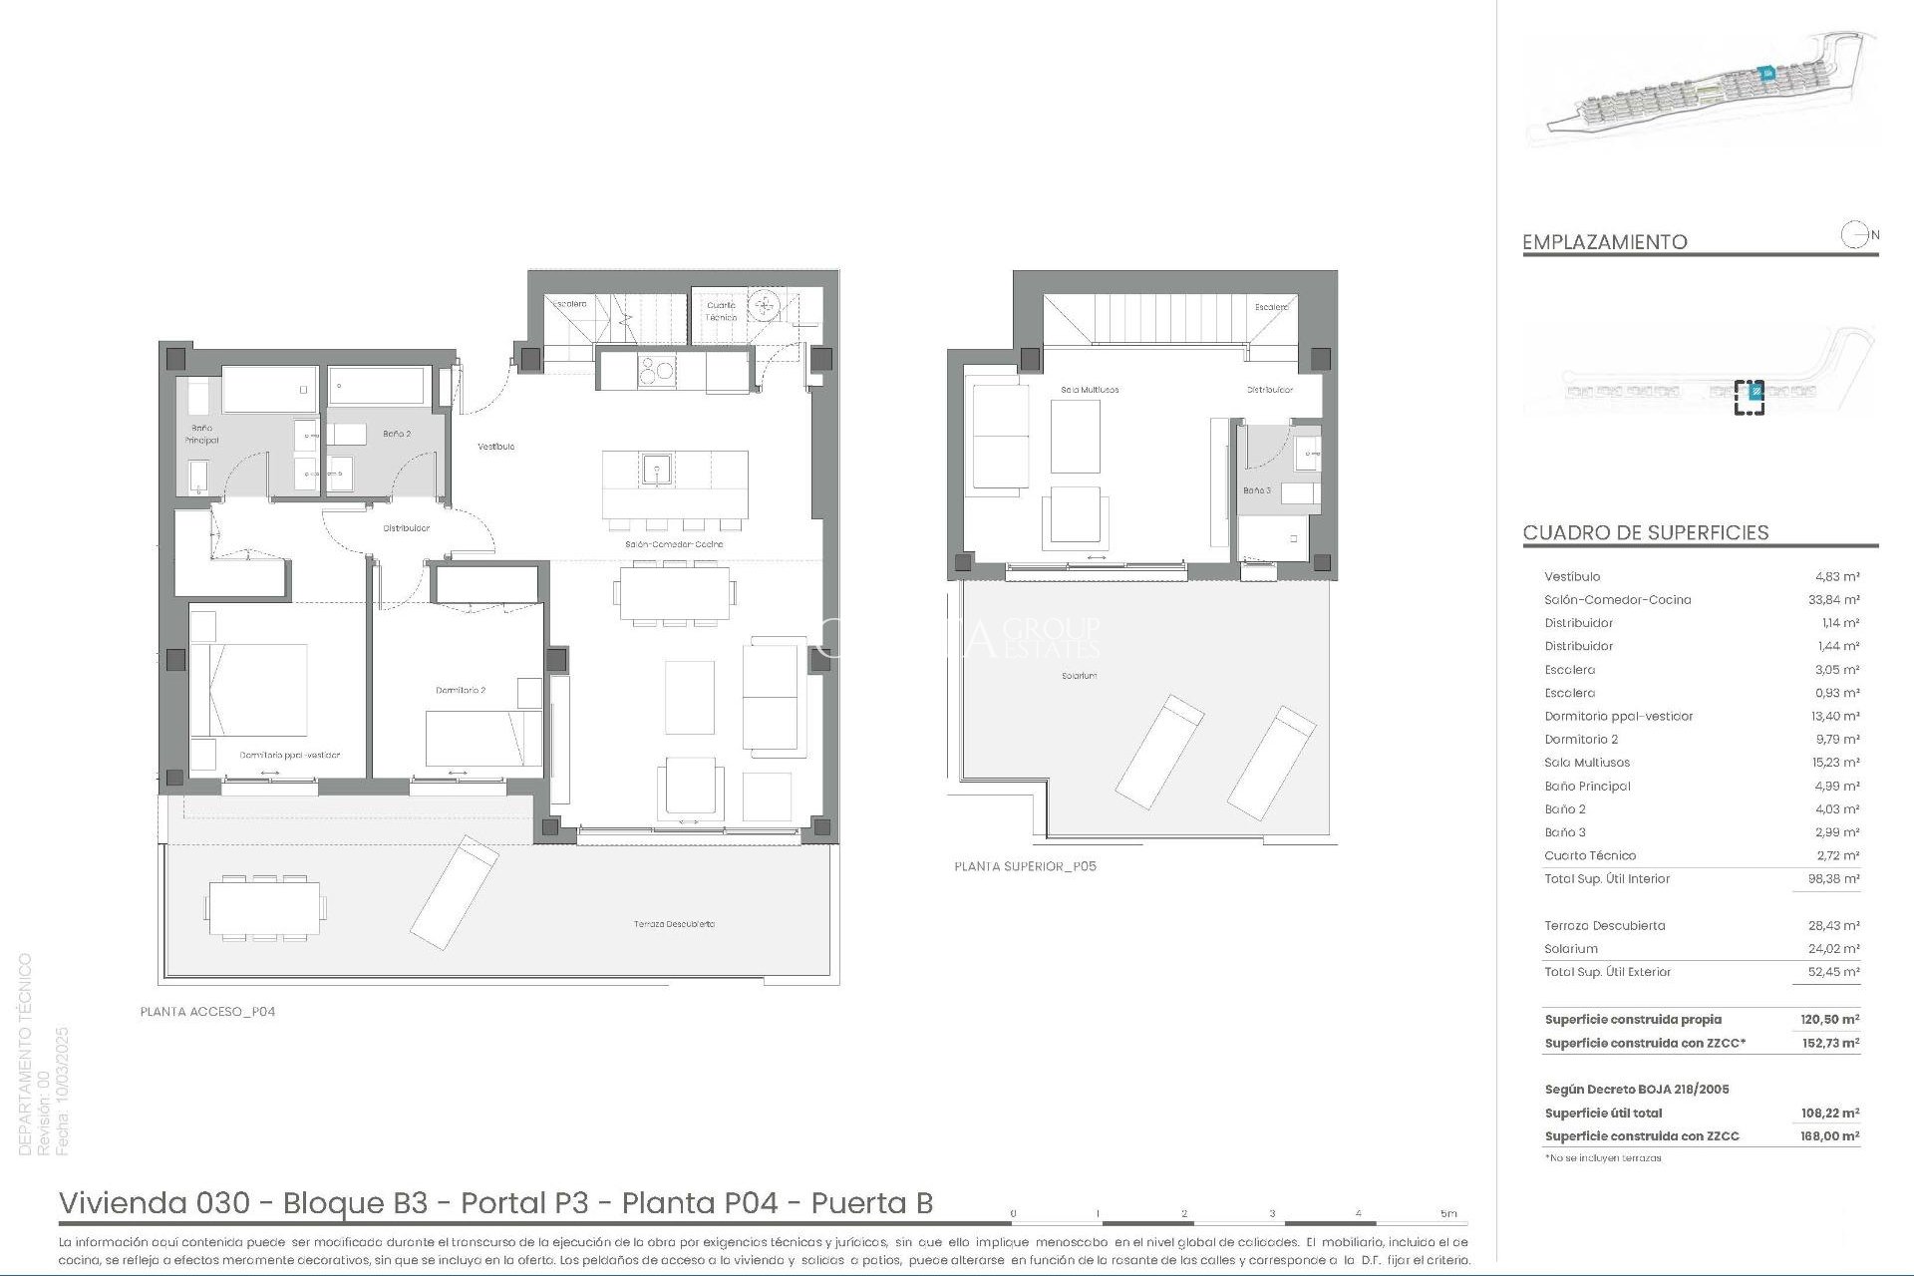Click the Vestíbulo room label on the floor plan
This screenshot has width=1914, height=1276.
tap(495, 447)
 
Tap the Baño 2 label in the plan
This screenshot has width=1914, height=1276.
tap(397, 435)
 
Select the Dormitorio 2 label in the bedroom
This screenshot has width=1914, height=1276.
tap(461, 690)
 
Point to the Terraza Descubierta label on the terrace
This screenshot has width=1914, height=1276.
tap(674, 924)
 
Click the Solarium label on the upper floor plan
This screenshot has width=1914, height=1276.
tap(1079, 676)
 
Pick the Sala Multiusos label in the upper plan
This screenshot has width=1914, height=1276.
tap(1090, 390)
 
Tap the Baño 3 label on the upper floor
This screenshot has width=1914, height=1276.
tap(1256, 490)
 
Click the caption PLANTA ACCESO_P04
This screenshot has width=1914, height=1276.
tap(207, 1012)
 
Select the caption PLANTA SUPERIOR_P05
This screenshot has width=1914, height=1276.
tap(1025, 866)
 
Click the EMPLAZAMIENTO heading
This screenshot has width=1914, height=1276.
tap(1604, 242)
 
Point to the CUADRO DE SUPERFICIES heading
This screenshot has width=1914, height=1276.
tap(1645, 533)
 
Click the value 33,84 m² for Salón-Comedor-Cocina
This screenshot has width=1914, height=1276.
tap(1837, 600)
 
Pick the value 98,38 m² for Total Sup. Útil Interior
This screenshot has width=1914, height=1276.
tap(1837, 879)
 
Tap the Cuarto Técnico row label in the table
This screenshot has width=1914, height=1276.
tap(1590, 855)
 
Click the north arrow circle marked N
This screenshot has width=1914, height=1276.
tap(1854, 236)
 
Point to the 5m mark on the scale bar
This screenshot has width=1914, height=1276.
tap(1447, 1214)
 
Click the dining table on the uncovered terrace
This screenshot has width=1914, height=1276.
tap(264, 908)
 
